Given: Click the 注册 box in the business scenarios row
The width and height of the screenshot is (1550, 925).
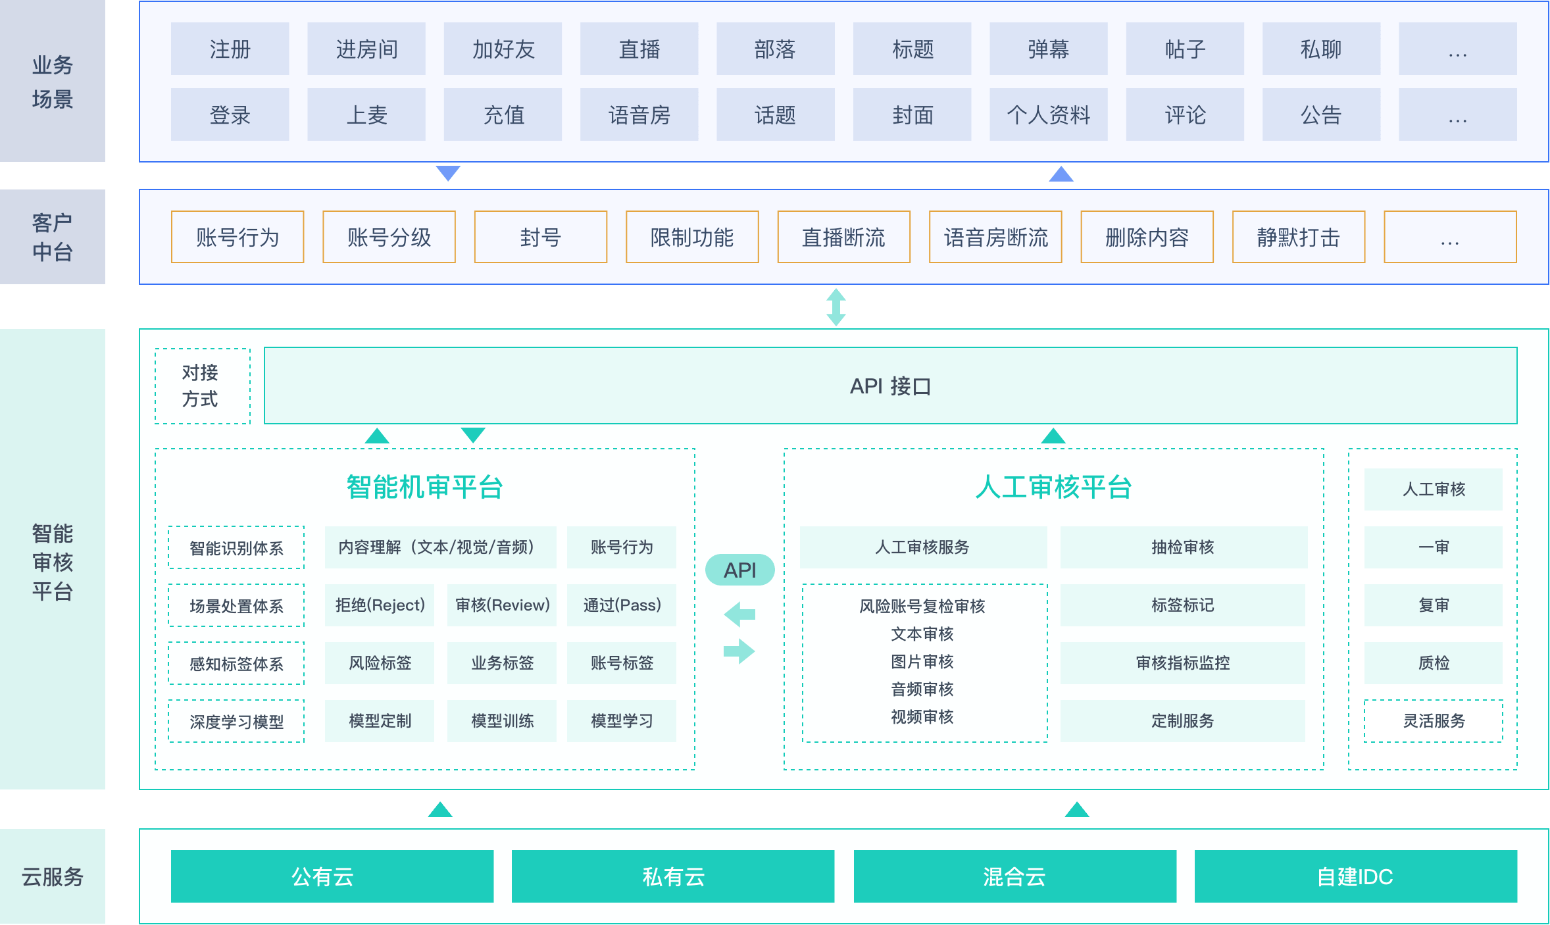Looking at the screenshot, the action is coord(230,49).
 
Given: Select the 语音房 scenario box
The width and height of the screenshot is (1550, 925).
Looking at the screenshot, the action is coord(639,114).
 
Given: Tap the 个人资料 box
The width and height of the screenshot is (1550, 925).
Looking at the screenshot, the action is coord(1048,114).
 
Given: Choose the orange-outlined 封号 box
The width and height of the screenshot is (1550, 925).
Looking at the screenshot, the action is coord(540,237).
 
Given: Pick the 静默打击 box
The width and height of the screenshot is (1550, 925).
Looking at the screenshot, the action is coord(1298,237).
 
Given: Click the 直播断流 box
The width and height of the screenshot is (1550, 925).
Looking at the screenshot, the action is coord(843,237).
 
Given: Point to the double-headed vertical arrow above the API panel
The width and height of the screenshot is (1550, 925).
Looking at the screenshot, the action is coord(836,307).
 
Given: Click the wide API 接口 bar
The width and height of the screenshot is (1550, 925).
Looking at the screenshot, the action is coord(890,386).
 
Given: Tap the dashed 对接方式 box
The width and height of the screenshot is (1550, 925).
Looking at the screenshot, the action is coord(203,386).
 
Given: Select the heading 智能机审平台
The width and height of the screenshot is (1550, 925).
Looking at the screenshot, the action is coord(424,488).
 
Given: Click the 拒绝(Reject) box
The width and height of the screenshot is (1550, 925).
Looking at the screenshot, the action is coord(380,605).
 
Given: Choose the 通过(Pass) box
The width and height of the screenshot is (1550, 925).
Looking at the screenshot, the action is coord(622,605).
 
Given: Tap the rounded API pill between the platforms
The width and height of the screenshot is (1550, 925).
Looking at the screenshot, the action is coord(739,570).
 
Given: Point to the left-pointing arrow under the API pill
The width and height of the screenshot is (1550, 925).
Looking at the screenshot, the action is coord(739,614).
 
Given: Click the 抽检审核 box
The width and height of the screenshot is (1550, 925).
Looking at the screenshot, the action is coord(1183,547).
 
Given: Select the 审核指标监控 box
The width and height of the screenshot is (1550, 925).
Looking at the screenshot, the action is coord(1183,663).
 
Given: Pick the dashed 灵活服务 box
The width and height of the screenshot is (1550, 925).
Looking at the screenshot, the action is coord(1434,721).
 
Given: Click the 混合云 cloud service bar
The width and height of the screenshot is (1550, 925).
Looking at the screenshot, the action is coord(1014,876).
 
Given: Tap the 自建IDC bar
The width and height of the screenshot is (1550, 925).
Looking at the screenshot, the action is coord(1355,876).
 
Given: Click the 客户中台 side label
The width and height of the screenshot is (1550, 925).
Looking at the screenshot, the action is coord(53,237).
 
